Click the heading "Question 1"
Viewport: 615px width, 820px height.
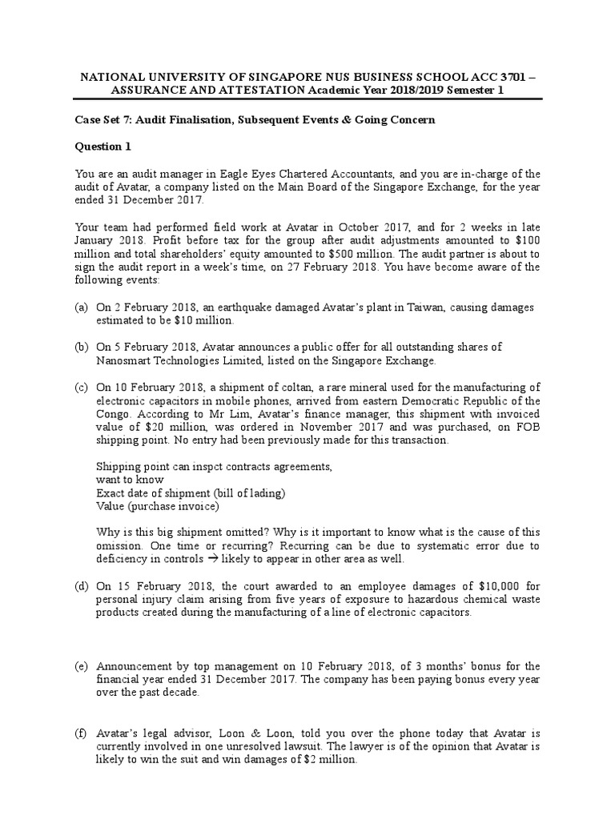[102, 147]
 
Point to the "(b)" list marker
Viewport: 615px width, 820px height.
[82, 348]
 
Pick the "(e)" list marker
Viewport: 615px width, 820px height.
[82, 666]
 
